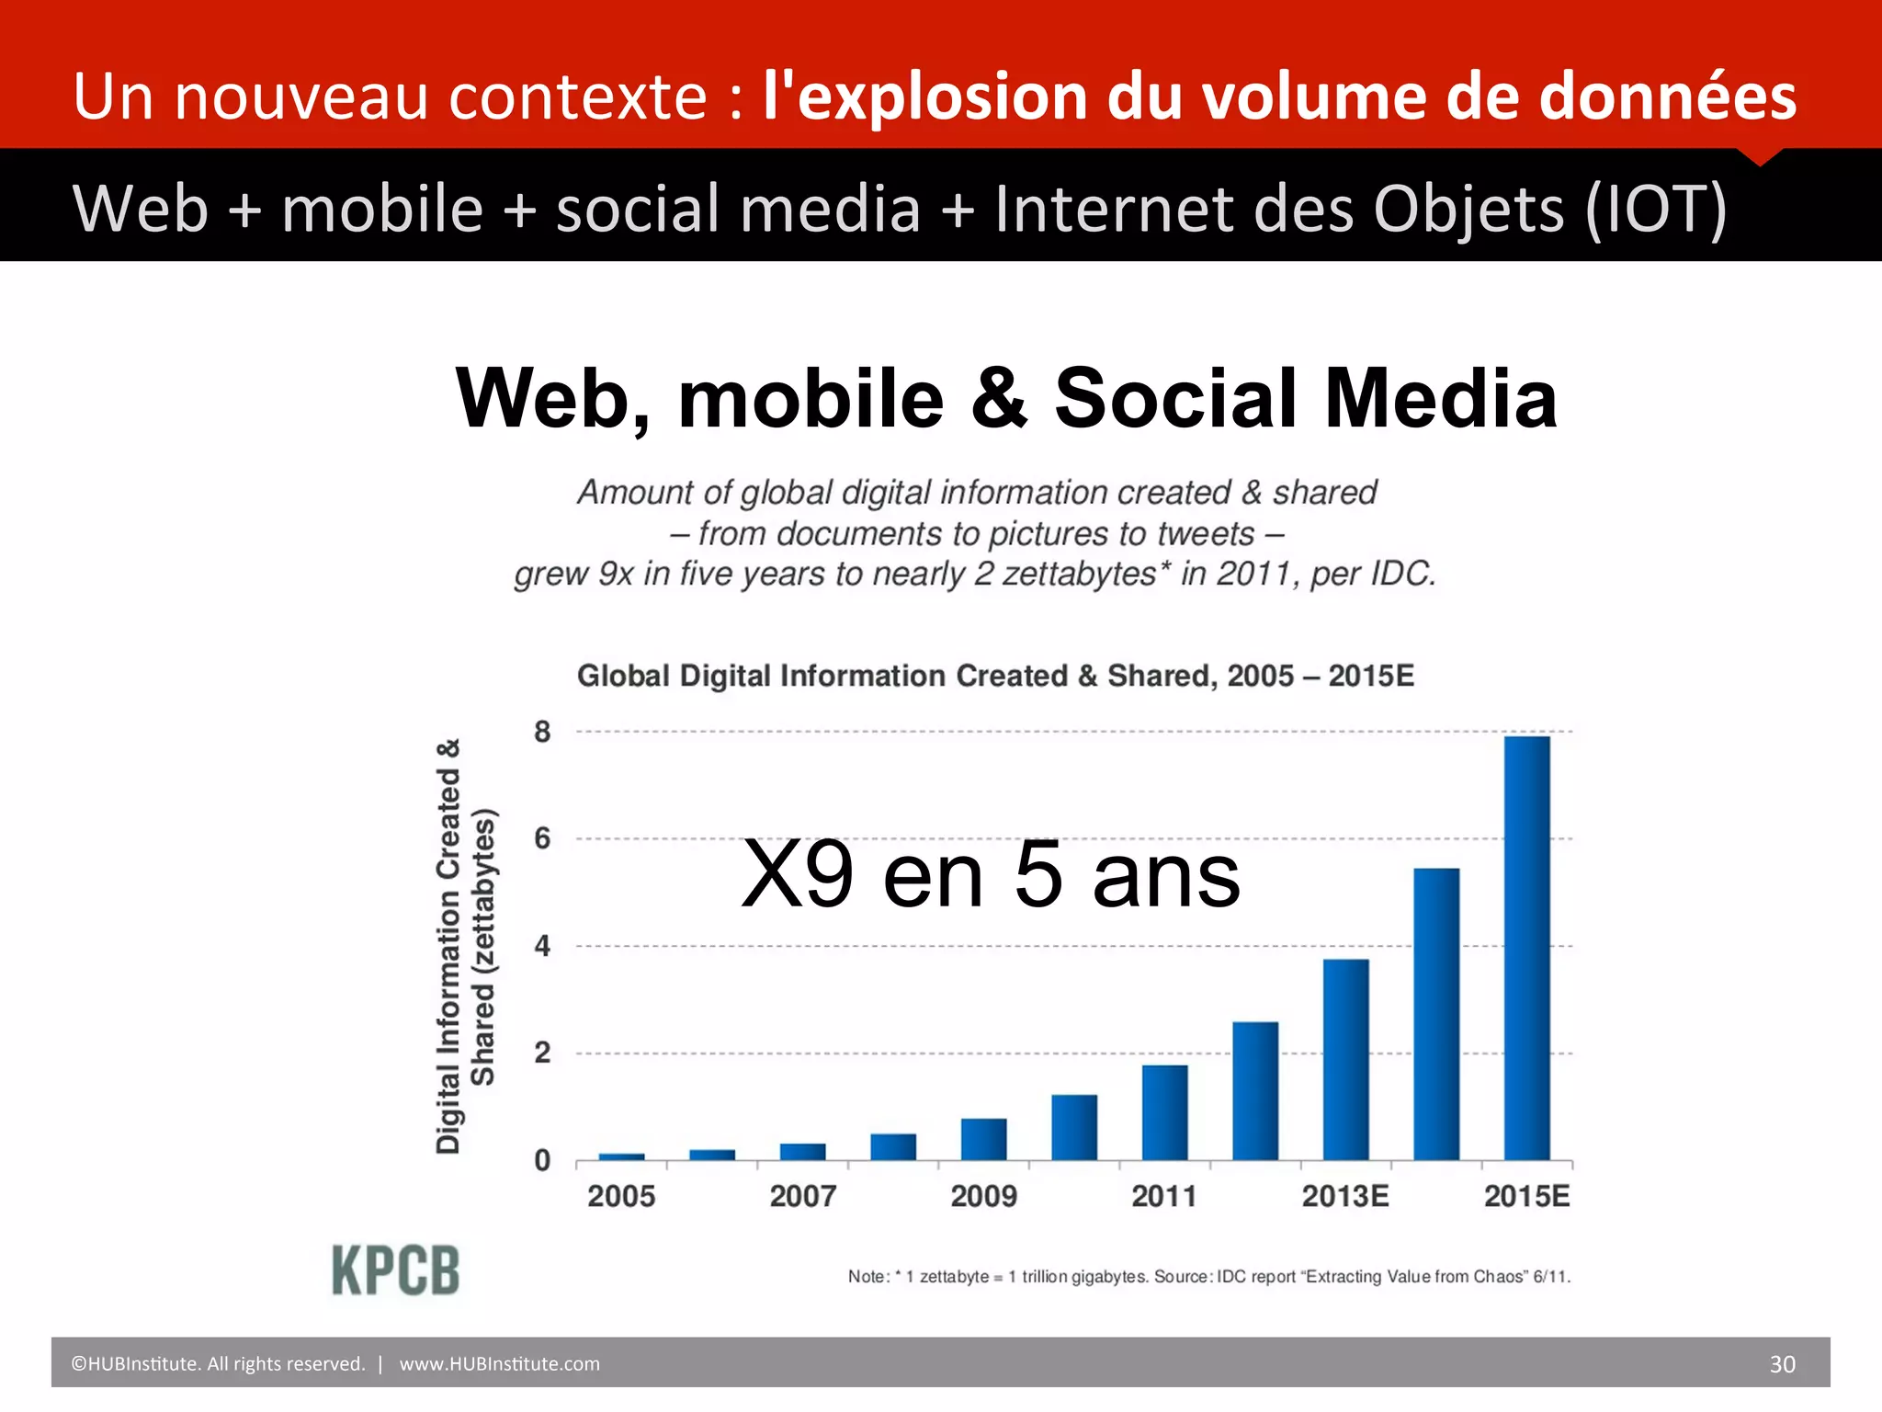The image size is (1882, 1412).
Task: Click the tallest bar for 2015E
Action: click(1526, 947)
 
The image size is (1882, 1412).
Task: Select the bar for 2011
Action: click(1164, 1112)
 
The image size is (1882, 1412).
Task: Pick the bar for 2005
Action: click(621, 1156)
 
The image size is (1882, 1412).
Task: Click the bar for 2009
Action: click(983, 1139)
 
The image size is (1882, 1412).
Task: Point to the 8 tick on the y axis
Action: click(543, 733)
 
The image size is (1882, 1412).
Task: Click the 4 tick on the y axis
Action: click(543, 946)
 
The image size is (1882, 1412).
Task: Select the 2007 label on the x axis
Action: click(802, 1196)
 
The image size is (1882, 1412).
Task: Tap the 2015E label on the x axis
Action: click(1526, 1196)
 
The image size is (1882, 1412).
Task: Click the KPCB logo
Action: click(395, 1270)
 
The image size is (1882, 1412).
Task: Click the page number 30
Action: click(1782, 1364)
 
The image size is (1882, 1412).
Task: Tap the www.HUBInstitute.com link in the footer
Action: click(499, 1364)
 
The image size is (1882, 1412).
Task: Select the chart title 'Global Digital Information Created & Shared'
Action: click(995, 676)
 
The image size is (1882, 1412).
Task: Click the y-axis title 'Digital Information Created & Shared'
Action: click(464, 947)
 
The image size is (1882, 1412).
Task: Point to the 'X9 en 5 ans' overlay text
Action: click(990, 875)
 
